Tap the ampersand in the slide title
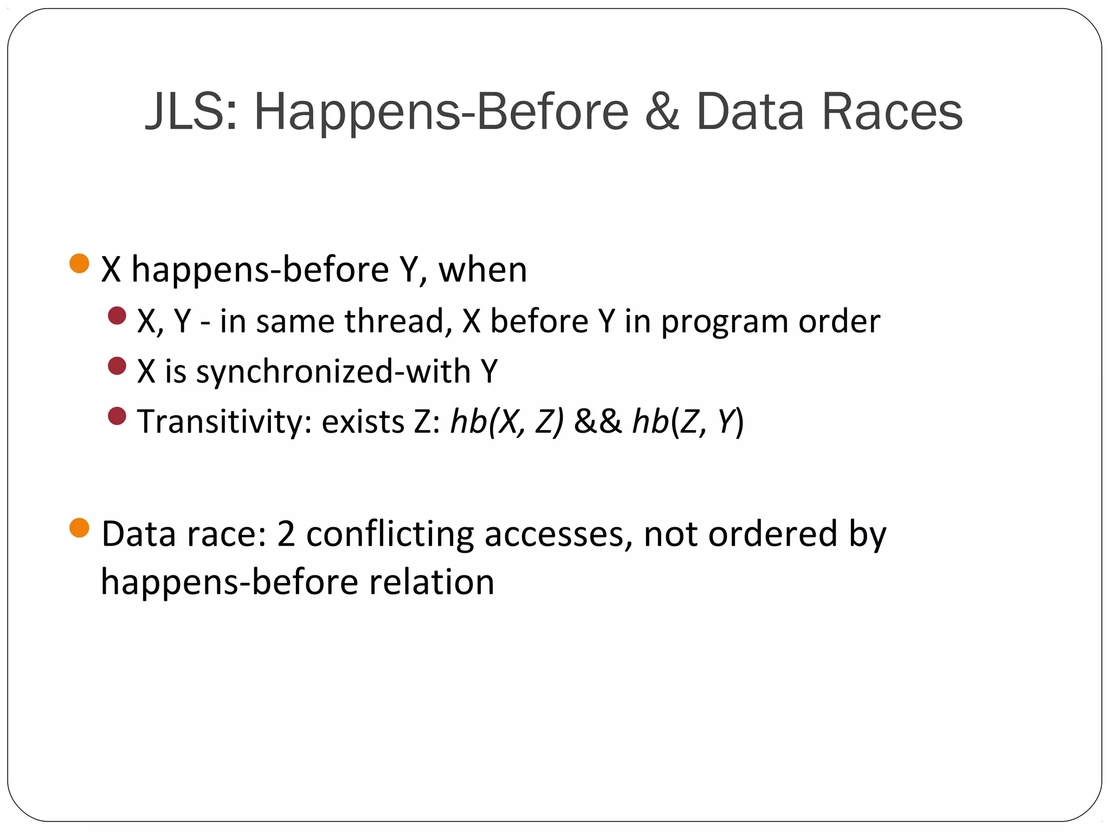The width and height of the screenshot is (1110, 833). coord(662,112)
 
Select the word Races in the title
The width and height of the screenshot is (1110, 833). coord(892,112)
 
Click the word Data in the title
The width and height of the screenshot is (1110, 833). coord(750,112)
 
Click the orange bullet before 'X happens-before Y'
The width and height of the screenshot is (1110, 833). coord(80,264)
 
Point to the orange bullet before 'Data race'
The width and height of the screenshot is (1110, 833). coord(80,528)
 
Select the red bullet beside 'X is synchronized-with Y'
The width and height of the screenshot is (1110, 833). coord(117,366)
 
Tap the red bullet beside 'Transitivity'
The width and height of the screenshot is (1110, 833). coord(117,416)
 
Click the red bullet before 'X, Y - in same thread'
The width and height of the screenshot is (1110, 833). coord(117,316)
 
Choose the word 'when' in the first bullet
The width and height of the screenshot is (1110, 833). coord(482,270)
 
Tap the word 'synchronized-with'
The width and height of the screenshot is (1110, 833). coord(333,372)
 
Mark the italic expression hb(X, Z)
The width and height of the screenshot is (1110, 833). coord(507,422)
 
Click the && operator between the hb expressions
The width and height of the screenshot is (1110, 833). coord(598,422)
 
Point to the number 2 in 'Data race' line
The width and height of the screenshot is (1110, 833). coord(286,534)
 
